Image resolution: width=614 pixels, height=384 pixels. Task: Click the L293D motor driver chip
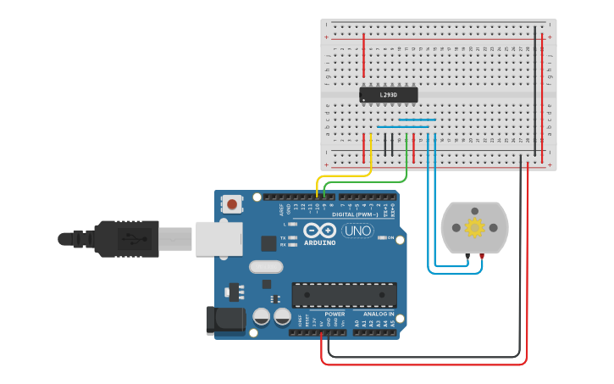[x=389, y=95]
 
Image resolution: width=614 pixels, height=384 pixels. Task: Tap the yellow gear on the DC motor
[x=473, y=227]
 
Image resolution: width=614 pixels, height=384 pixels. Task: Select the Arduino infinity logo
[x=320, y=231]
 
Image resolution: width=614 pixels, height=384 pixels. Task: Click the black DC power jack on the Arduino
[x=225, y=320]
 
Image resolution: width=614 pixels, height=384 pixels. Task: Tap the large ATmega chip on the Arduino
[x=344, y=295]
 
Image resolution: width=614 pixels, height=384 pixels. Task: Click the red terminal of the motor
[x=482, y=255]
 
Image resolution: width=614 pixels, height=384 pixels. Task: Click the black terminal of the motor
[x=466, y=255]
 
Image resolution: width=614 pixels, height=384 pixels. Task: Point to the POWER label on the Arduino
[x=335, y=314]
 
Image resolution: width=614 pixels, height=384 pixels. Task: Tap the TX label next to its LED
[x=283, y=238]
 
